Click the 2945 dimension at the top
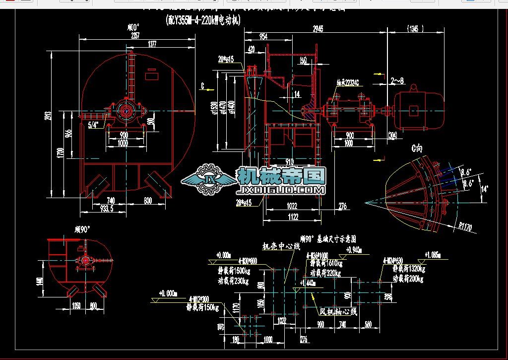coord(318,29)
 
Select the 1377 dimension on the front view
coord(152,45)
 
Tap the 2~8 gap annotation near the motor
coord(397,80)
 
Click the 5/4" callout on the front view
coord(93,124)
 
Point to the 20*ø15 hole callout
coord(226,59)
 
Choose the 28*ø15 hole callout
coord(244,202)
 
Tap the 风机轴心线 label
coord(338,312)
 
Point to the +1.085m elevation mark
coord(433,255)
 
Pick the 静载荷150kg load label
coord(201,307)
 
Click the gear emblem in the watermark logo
coord(208,180)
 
